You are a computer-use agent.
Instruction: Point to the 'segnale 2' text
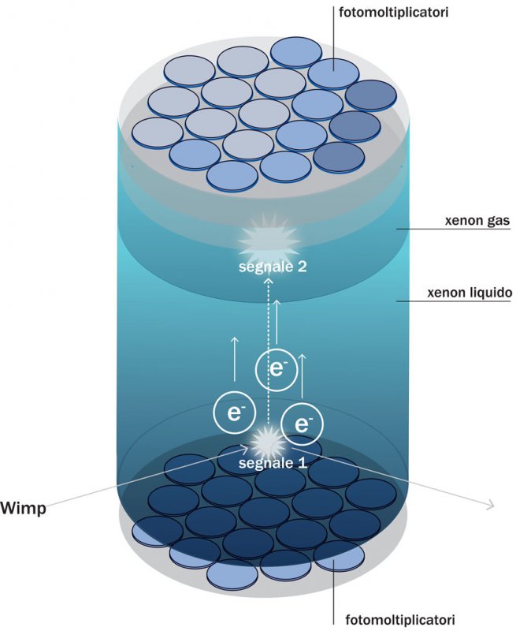pyautogui.click(x=273, y=266)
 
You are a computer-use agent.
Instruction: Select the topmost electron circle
pyautogui.click(x=276, y=368)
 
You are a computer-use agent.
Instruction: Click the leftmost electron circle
pyautogui.click(x=233, y=413)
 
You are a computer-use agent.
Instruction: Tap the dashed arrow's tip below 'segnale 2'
pyautogui.click(x=268, y=280)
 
